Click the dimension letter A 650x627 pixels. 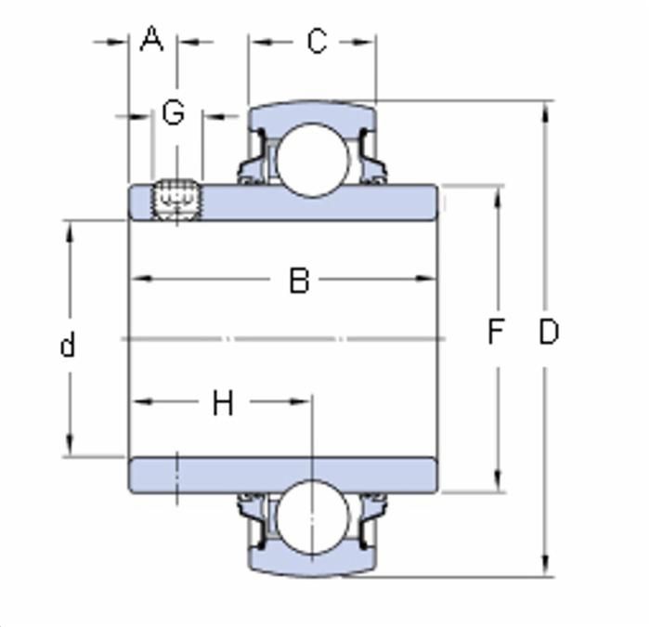click(x=151, y=39)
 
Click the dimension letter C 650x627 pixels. click(x=318, y=41)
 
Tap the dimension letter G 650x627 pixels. click(x=174, y=112)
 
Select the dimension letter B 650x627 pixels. click(x=299, y=281)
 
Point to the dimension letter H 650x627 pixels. click(x=223, y=402)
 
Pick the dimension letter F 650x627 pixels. click(x=495, y=331)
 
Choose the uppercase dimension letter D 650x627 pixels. click(x=549, y=331)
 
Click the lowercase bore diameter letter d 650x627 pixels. click(x=68, y=345)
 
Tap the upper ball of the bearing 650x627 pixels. click(x=312, y=160)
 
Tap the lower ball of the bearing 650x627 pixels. click(x=312, y=516)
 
